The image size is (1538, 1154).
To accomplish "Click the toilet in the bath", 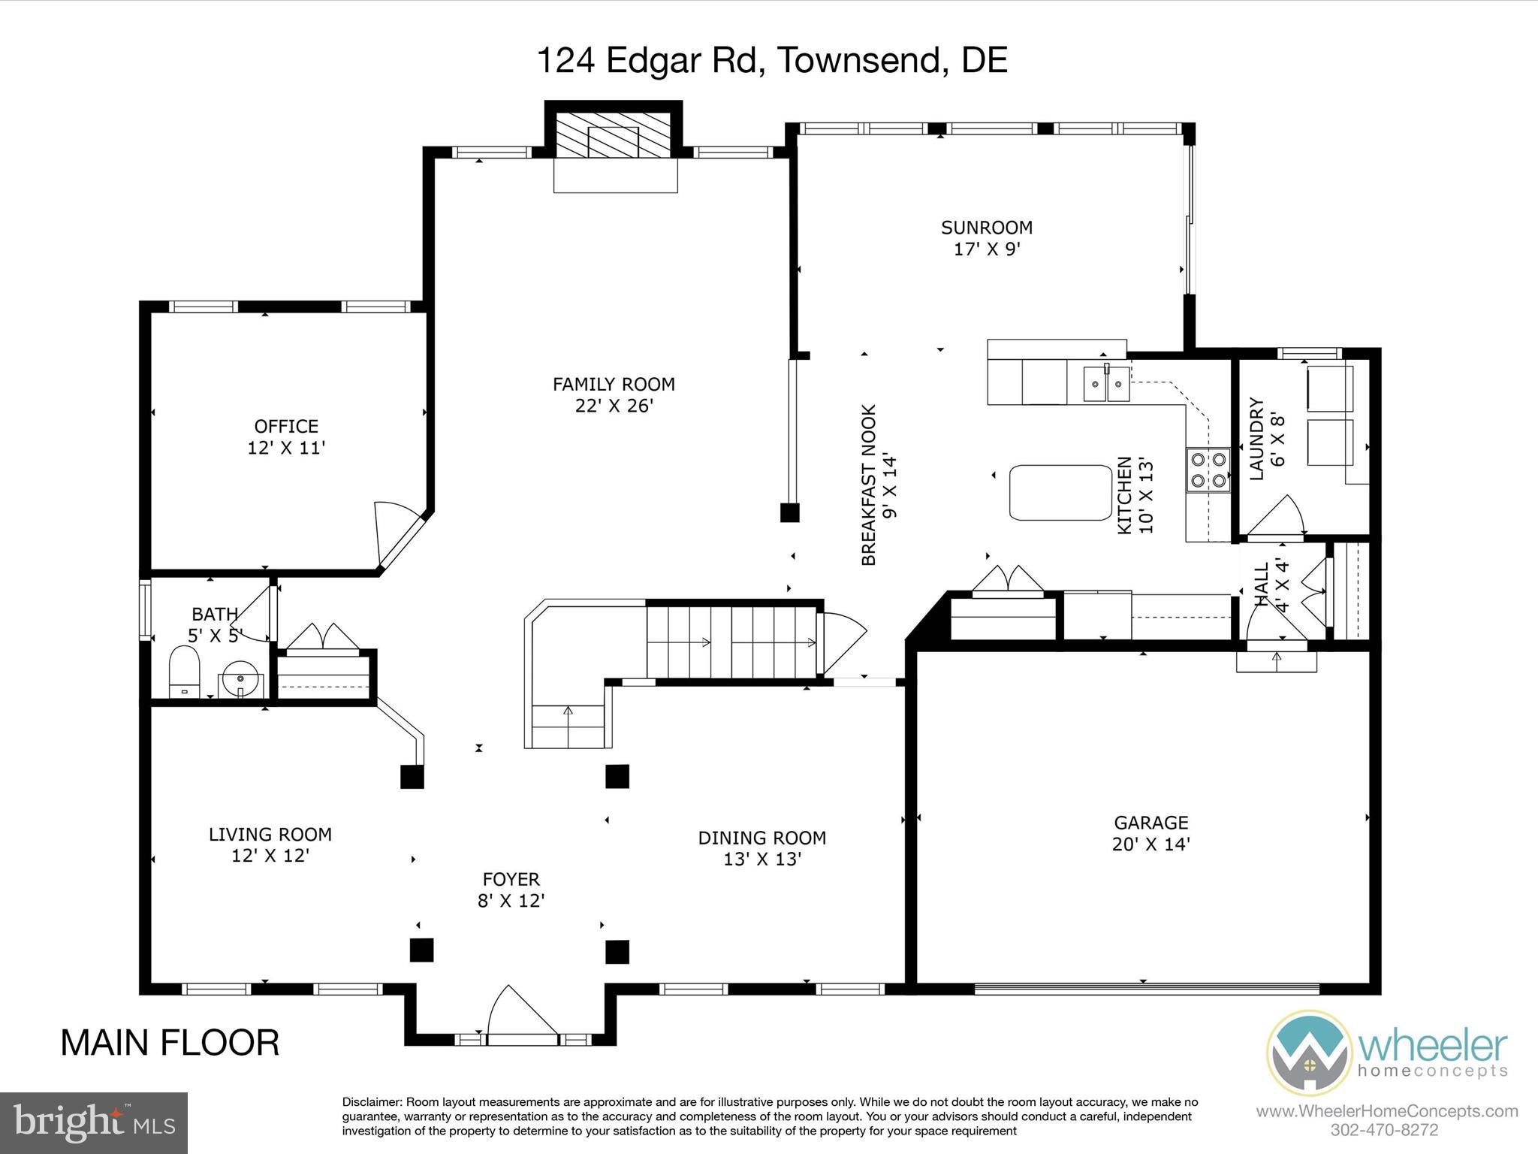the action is click(185, 672).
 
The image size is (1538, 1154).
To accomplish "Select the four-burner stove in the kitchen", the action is click(1208, 470).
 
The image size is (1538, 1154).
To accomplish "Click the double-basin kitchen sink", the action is click(1108, 384).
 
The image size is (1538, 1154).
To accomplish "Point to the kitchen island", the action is click(1060, 493).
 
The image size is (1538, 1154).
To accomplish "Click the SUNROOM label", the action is click(987, 227).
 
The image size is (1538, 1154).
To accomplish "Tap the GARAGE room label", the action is click(1150, 823).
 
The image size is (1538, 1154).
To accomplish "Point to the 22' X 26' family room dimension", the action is click(614, 406).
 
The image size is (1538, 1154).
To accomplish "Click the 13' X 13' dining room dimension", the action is click(762, 859).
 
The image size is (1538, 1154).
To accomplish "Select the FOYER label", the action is click(511, 879).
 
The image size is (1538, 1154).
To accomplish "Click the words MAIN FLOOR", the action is click(170, 1043).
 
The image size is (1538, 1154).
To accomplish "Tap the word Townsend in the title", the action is click(859, 60).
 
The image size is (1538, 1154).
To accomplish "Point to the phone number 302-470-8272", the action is click(1384, 1130).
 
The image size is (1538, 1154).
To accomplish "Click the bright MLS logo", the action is click(94, 1123).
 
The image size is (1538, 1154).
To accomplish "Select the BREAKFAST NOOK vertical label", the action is click(879, 485).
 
